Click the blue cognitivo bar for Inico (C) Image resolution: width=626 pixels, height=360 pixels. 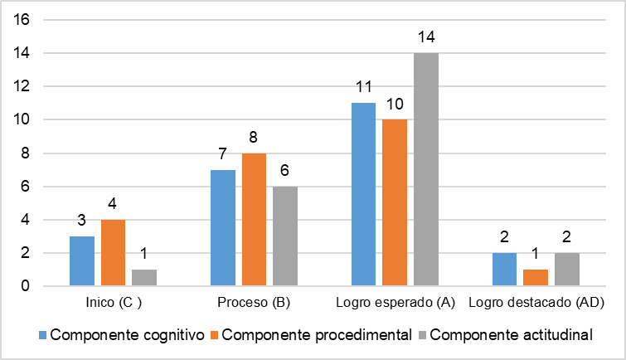[82, 261]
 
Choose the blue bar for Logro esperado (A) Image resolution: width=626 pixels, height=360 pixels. [364, 195]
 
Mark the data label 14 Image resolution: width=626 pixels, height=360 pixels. [426, 37]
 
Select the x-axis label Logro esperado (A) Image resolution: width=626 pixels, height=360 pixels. [395, 304]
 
